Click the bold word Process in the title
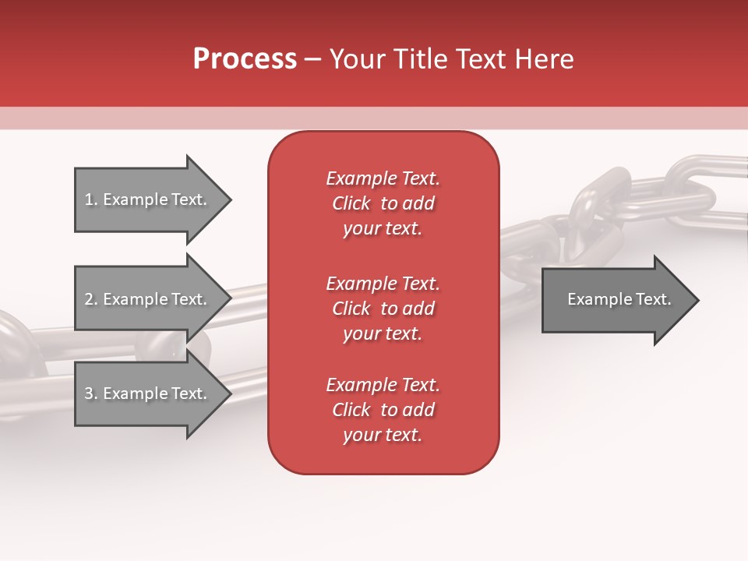point(245,59)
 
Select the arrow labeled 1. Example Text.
point(146,199)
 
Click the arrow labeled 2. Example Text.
point(146,299)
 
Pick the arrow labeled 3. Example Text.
point(146,393)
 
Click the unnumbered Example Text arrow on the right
point(619,300)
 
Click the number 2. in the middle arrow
point(91,299)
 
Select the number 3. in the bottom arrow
point(91,393)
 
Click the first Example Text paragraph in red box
point(383,203)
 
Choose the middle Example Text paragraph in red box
point(383,309)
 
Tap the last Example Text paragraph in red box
point(383,410)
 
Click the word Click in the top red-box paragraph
point(351,203)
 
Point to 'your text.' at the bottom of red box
point(383,435)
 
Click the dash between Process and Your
point(313,59)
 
